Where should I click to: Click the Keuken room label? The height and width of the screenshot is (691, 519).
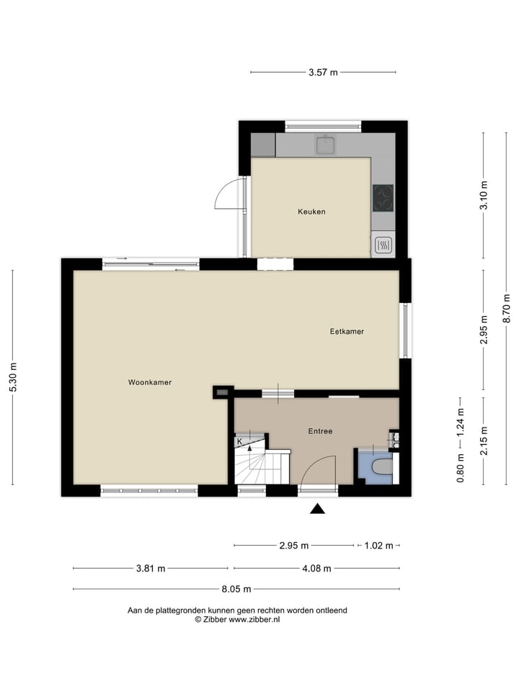[311, 212]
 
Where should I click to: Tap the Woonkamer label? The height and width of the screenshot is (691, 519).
[150, 382]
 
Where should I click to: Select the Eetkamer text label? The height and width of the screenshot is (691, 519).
[347, 332]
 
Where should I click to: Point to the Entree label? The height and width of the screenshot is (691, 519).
[320, 431]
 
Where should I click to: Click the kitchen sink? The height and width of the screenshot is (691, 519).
[327, 145]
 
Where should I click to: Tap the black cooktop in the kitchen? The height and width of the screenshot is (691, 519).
[383, 198]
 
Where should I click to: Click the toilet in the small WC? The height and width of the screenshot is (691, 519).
[378, 469]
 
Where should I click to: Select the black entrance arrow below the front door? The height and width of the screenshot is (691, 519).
[317, 510]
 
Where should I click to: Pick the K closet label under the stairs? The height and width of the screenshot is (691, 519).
[240, 441]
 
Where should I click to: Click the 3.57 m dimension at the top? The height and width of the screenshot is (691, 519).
[323, 72]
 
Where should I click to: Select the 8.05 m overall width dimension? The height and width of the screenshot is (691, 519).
[236, 589]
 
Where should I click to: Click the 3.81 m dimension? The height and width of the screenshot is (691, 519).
[151, 568]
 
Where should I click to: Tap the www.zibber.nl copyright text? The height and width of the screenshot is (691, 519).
[237, 619]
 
